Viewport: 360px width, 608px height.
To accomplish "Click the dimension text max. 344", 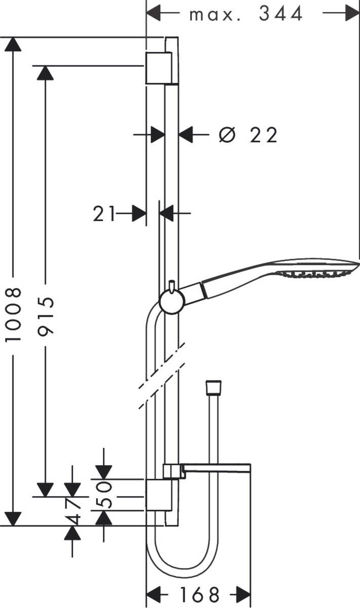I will [x=246, y=14].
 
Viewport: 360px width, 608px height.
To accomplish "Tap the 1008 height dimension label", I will [x=14, y=314].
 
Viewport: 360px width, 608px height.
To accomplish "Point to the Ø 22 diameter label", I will [x=248, y=135].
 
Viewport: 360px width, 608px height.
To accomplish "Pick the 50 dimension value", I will [x=103, y=495].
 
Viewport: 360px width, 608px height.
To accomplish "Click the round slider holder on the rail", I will [x=171, y=302].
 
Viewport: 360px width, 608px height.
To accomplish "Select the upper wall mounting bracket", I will [x=159, y=68].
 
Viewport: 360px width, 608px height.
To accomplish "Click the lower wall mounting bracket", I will [x=159, y=495].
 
